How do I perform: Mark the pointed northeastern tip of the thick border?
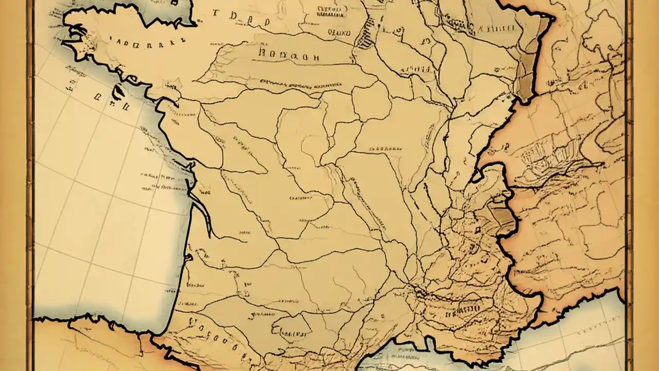pos(552,19)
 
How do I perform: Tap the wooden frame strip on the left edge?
pos(30,185)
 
